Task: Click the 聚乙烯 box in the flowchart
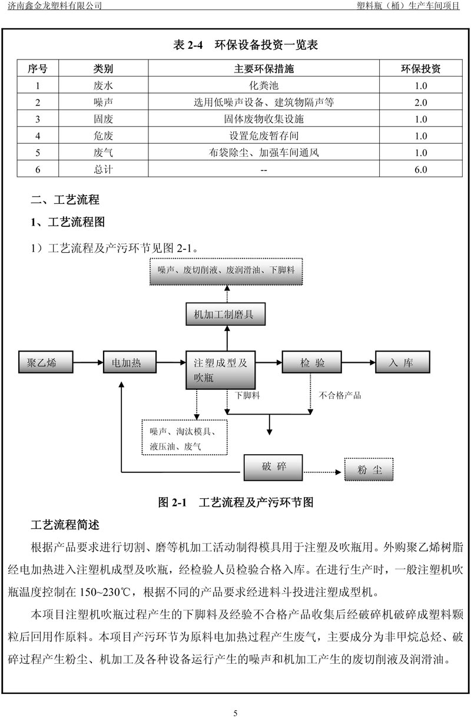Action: [x=46, y=362]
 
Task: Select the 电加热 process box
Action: [x=130, y=362]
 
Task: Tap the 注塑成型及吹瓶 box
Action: [x=221, y=370]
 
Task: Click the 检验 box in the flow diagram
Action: [x=312, y=362]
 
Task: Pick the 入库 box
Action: [x=403, y=362]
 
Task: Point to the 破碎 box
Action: [x=273, y=467]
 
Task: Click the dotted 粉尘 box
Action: [x=369, y=469]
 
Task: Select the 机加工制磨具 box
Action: [x=225, y=314]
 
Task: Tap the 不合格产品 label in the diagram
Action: [x=340, y=395]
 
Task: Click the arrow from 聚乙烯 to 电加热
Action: [x=88, y=362]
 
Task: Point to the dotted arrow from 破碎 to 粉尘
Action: [x=322, y=472]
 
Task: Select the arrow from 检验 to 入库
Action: [x=359, y=362]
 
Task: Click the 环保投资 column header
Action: [x=421, y=68]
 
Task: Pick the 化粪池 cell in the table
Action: [x=264, y=85]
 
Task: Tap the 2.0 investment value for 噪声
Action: [x=421, y=102]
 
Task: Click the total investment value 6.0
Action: [x=421, y=169]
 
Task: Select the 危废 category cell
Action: [x=103, y=135]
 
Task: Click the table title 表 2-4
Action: [x=188, y=45]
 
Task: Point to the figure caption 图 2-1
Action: [x=173, y=502]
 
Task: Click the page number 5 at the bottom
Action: [x=235, y=713]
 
